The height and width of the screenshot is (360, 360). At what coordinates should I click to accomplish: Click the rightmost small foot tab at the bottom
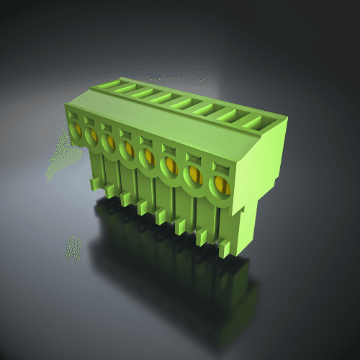[x=225, y=248]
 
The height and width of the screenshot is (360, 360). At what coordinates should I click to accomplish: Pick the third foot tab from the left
[x=126, y=199]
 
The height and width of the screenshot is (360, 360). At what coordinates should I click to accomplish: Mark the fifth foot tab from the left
[x=161, y=217]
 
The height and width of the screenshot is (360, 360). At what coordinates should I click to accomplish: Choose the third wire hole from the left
[x=109, y=143]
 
